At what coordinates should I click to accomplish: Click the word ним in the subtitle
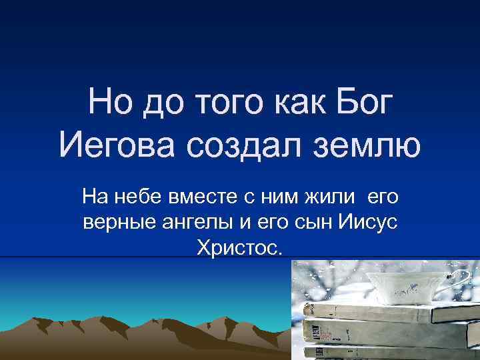[x=281, y=197]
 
